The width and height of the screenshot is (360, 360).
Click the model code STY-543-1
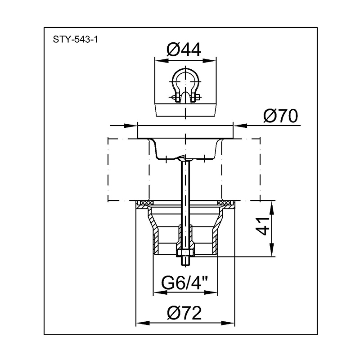(x=75, y=40)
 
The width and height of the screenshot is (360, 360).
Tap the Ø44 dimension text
(x=184, y=49)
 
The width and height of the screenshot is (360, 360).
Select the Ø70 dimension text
(x=280, y=116)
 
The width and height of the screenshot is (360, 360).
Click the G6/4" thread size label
(x=185, y=283)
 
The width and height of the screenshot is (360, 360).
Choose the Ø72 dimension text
(x=184, y=313)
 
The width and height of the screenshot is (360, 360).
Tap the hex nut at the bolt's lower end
(x=185, y=253)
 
